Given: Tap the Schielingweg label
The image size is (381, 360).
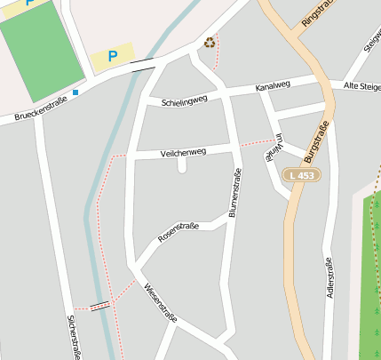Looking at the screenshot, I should [184, 101].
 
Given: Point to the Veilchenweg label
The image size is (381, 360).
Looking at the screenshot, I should [183, 152].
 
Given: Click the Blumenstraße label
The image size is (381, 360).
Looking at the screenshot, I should [235, 193].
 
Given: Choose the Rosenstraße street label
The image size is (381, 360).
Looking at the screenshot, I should [178, 233].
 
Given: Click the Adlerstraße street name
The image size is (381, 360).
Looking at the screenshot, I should [329, 276].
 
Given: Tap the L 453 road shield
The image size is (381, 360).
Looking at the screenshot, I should [301, 175].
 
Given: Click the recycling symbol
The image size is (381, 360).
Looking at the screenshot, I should [210, 42].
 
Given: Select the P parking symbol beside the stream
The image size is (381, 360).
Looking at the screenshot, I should [113, 56].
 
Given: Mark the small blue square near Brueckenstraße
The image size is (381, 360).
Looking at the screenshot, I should [75, 92].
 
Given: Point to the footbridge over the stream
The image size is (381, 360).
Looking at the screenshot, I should [100, 305].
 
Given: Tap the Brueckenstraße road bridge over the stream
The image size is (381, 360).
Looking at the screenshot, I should [142, 64].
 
